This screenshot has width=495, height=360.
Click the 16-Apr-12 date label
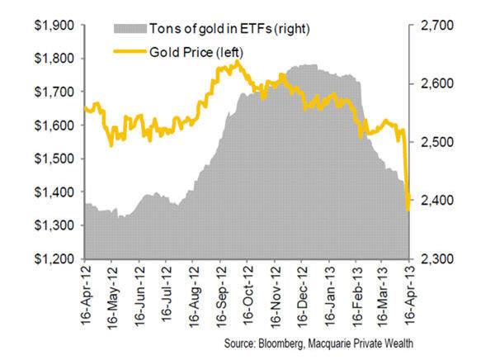tap(86, 293)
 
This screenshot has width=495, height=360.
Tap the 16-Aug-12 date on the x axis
tap(194, 293)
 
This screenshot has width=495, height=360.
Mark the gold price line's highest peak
tap(238, 61)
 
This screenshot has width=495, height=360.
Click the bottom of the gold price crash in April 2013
tap(408, 209)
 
